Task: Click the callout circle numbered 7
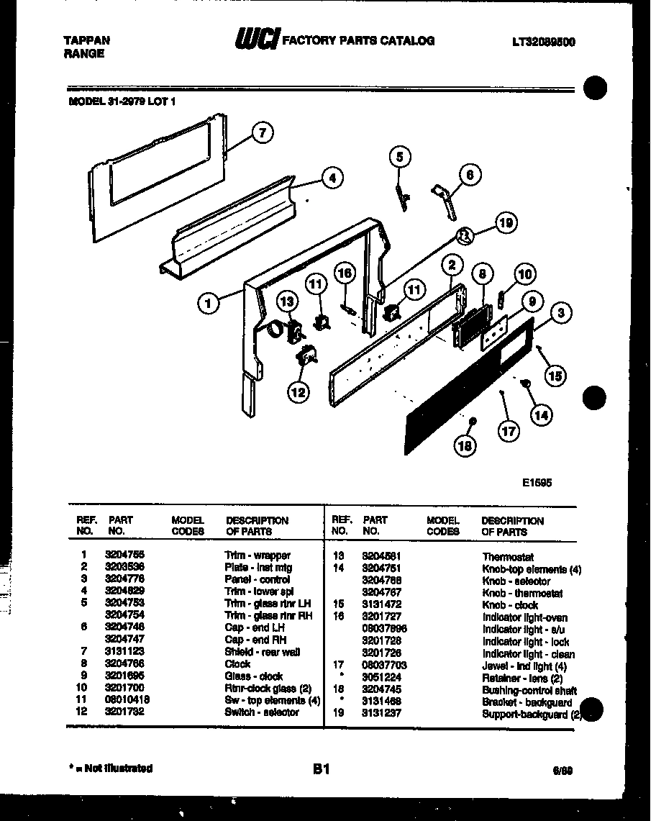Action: pyautogui.click(x=264, y=132)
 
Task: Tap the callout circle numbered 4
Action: pyautogui.click(x=331, y=178)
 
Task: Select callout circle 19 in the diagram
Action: pyautogui.click(x=506, y=224)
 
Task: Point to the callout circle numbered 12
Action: pyautogui.click(x=298, y=391)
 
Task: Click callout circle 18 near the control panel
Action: pyautogui.click(x=465, y=445)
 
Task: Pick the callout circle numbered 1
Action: pyautogui.click(x=208, y=304)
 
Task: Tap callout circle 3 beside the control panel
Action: pyautogui.click(x=561, y=312)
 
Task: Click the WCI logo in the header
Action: pyautogui.click(x=255, y=41)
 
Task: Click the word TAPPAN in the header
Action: pyautogui.click(x=82, y=41)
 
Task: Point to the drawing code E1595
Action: pyautogui.click(x=537, y=484)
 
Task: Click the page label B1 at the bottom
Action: pyautogui.click(x=321, y=768)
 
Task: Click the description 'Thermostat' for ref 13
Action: pyautogui.click(x=508, y=557)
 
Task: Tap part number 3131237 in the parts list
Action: pyautogui.click(x=381, y=713)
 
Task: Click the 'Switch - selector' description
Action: pyautogui.click(x=262, y=712)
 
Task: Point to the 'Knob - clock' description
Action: pyautogui.click(x=510, y=605)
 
